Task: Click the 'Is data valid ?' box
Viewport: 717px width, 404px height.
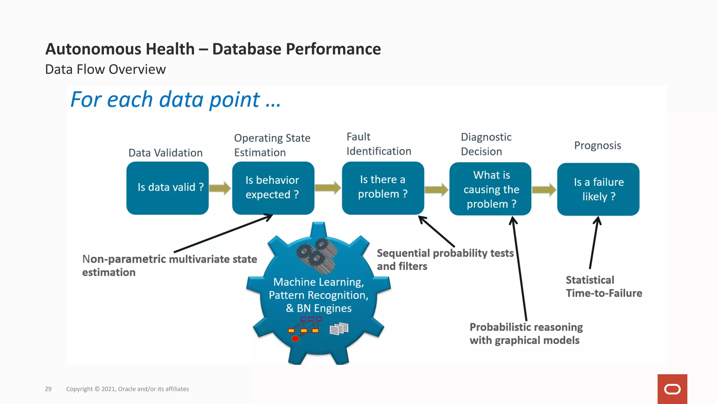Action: [x=167, y=188]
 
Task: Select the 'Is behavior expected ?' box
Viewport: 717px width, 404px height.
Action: [x=273, y=188]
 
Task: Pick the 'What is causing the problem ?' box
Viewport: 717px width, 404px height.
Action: [x=490, y=189]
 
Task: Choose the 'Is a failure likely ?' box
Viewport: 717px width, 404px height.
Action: [x=598, y=189]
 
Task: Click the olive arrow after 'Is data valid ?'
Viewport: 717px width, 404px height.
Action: [x=220, y=188]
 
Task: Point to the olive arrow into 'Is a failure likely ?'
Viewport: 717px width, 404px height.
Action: [x=544, y=190]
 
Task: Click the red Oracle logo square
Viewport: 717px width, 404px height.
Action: [x=672, y=389]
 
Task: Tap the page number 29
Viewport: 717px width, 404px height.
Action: [x=48, y=389]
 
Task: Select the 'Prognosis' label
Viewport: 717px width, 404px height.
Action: [x=597, y=146]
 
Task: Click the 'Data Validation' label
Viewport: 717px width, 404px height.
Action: [x=165, y=153]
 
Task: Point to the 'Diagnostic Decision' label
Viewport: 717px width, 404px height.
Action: [x=486, y=144]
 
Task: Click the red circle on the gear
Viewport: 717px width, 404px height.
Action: [x=295, y=339]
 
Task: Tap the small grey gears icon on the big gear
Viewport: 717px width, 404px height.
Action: [x=316, y=255]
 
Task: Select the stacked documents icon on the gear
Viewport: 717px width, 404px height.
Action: [x=339, y=329]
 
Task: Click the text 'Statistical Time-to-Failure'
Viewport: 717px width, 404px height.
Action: [x=604, y=287]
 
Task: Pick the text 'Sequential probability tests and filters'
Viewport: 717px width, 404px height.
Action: [x=445, y=260]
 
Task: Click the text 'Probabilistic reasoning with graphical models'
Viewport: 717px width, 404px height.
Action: [x=526, y=334]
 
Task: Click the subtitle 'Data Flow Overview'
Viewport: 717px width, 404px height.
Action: [x=105, y=69]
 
